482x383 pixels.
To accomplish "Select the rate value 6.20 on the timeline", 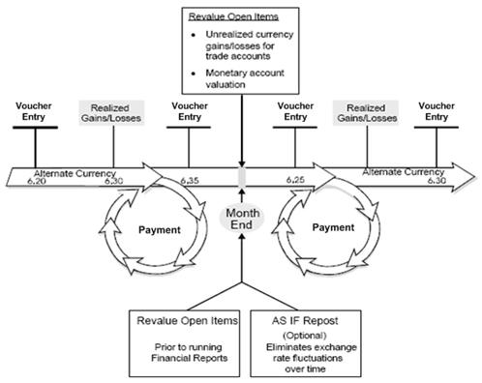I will pyautogui.click(x=37, y=180).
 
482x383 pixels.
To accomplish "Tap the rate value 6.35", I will pyautogui.click(x=190, y=180).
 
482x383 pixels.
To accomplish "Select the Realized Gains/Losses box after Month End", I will pyautogui.click(x=361, y=111).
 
